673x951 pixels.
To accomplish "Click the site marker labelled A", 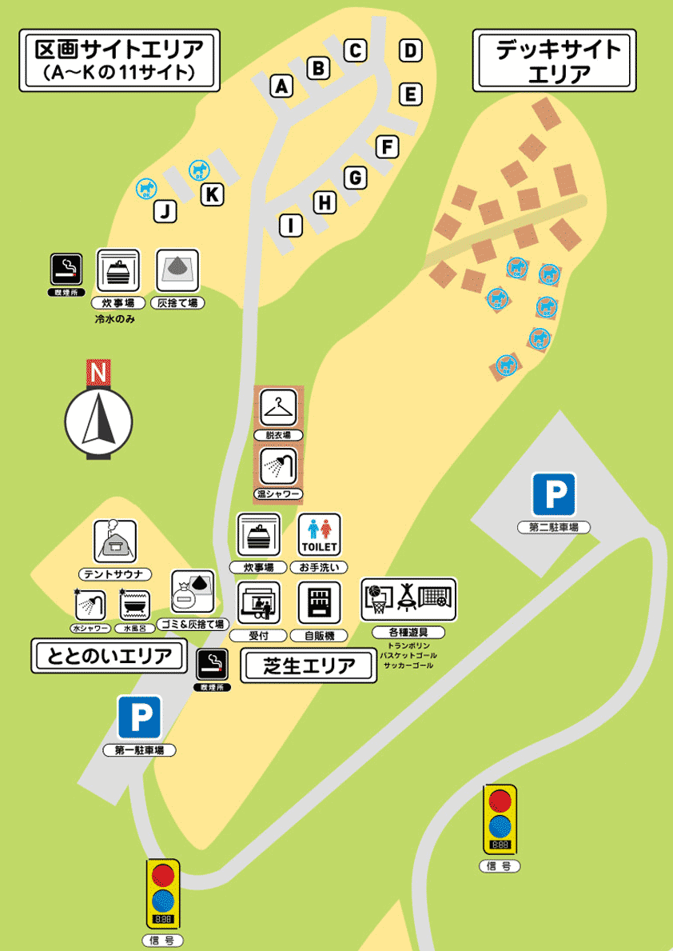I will [281, 86].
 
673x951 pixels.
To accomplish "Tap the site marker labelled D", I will [410, 51].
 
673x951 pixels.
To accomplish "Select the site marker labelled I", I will [292, 226].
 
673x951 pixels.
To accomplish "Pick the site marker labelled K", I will [212, 194].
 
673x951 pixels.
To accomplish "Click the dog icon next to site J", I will [145, 189].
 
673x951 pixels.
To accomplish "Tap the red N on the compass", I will [98, 373].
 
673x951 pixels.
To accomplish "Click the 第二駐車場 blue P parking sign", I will [555, 493].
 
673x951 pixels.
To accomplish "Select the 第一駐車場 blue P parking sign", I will [140, 717].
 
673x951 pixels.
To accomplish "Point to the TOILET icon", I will [320, 534].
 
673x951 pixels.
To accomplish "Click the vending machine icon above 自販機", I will [320, 602].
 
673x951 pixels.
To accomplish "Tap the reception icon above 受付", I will [259, 602].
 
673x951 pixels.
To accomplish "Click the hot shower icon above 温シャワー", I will [278, 467].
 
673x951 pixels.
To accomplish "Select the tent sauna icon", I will [115, 541].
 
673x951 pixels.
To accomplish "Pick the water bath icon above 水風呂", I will [134, 605].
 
